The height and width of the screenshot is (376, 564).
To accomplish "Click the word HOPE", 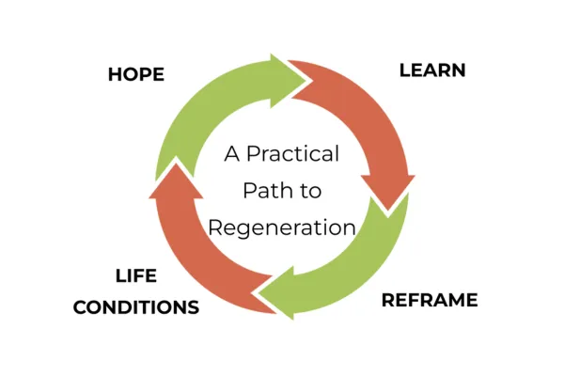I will [135, 74].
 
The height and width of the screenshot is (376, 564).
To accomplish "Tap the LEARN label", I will [432, 70].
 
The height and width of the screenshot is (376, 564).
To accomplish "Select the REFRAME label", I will [430, 301].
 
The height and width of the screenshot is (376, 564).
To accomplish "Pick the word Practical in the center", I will [293, 154].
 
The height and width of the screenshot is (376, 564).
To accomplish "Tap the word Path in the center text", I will [269, 191].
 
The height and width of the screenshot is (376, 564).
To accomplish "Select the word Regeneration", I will [282, 227].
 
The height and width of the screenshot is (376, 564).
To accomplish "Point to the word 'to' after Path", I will [311, 191].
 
